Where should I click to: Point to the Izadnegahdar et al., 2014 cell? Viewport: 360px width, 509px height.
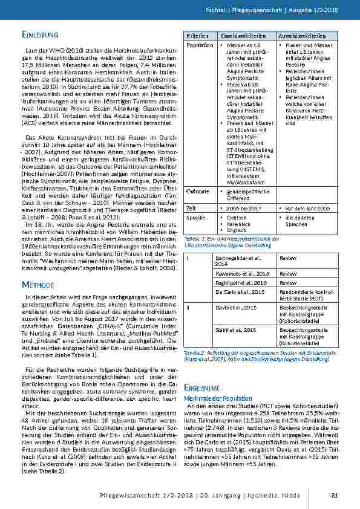pyautogui.click(x=238, y=261)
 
